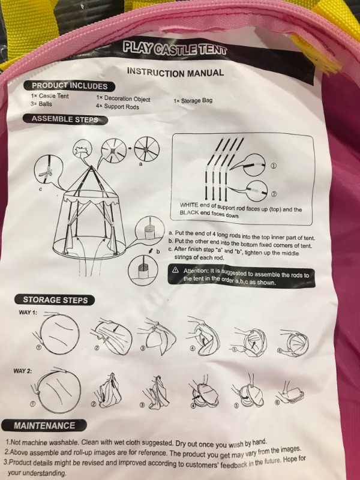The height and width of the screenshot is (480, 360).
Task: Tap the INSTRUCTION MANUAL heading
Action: [175, 72]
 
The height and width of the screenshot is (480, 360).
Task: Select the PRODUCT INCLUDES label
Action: [70, 86]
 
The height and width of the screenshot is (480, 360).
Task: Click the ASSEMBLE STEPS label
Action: [65, 119]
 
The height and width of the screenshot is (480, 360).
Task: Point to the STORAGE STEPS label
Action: [55, 299]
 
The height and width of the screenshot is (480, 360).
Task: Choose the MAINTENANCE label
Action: [44, 425]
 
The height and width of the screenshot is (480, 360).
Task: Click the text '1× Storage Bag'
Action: [193, 100]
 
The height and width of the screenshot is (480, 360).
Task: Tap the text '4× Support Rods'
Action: [117, 107]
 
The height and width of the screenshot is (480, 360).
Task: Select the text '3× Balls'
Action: [41, 104]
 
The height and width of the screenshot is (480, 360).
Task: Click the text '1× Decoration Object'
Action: [123, 98]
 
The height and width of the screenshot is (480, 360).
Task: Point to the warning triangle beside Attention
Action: [175, 270]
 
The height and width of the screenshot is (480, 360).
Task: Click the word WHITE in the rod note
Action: [189, 205]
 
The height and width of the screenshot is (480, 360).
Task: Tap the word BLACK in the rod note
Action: [190, 212]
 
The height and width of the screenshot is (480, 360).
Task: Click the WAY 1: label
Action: [28, 313]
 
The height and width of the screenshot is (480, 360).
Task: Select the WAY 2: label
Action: [22, 371]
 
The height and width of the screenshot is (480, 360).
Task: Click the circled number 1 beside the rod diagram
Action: [274, 166]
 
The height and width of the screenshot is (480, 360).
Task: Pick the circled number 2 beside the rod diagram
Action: [274, 194]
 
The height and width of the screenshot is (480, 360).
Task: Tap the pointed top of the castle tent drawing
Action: [91, 167]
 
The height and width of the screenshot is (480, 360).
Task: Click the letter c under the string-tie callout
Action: [40, 189]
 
